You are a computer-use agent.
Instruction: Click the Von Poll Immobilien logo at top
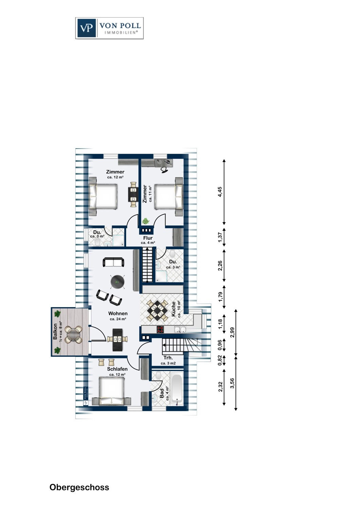tap(109, 28)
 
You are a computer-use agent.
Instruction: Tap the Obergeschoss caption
tap(79, 487)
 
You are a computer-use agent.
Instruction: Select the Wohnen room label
tap(118, 313)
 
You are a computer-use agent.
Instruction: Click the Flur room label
tap(148, 238)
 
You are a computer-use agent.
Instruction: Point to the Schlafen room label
tap(118, 369)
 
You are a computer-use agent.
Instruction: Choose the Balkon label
tap(55, 332)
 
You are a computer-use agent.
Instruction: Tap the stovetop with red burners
tap(160, 329)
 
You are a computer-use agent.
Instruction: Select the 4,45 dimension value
tap(220, 192)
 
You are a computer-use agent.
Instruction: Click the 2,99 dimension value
tap(232, 332)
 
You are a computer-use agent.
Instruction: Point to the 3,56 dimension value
tap(232, 383)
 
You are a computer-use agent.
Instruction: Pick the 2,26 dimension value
tap(220, 266)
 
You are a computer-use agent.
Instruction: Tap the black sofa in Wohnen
tap(113, 262)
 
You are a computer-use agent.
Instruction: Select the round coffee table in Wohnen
tap(118, 282)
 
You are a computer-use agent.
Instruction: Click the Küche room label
tap(174, 309)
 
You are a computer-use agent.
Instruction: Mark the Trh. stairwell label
tap(168, 358)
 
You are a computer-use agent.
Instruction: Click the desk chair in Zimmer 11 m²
tap(164, 170)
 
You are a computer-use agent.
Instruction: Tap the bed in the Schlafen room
tap(111, 391)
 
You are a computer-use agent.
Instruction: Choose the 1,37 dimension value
tap(220, 237)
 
